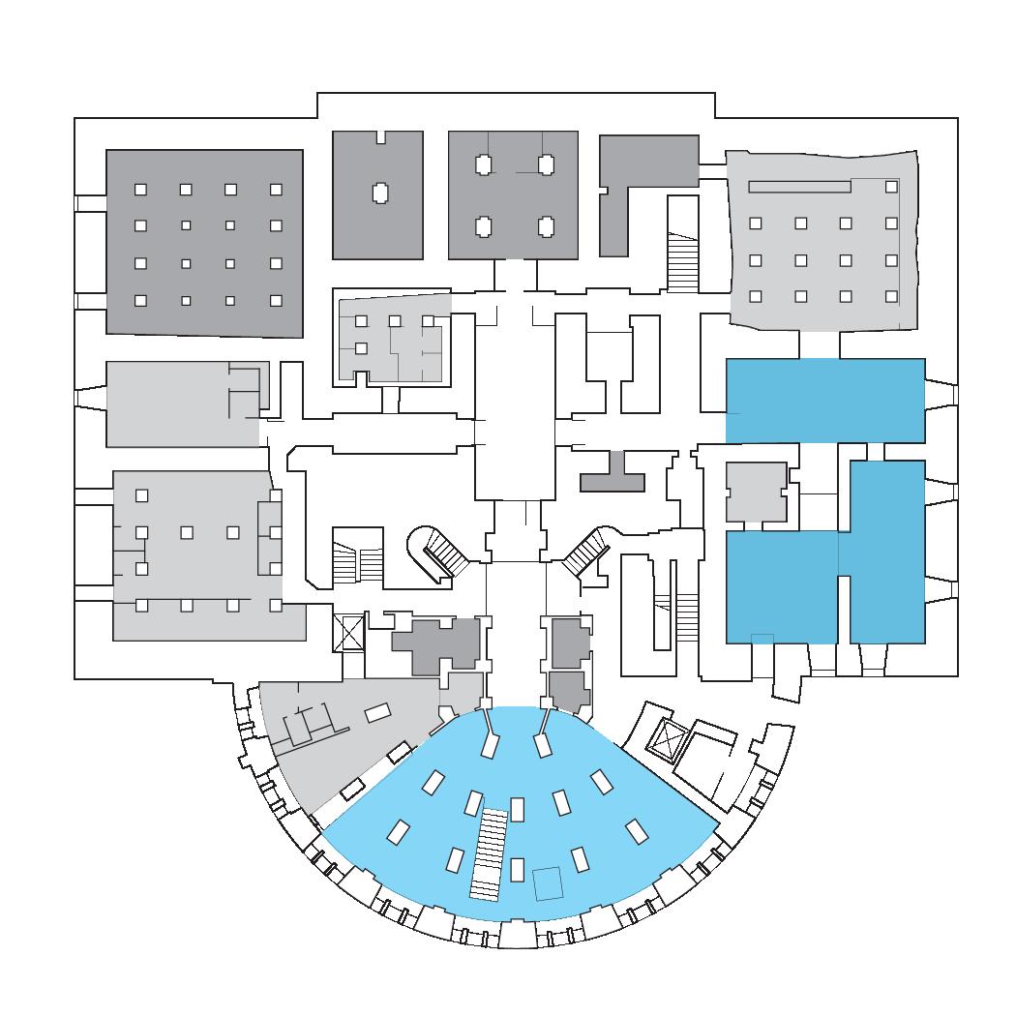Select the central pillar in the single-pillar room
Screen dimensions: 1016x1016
click(x=378, y=192)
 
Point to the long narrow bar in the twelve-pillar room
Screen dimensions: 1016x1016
click(x=799, y=186)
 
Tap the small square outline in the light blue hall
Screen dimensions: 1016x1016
click(x=548, y=883)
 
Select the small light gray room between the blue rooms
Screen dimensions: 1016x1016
click(x=757, y=492)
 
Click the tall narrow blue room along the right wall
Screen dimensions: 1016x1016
click(x=887, y=552)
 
